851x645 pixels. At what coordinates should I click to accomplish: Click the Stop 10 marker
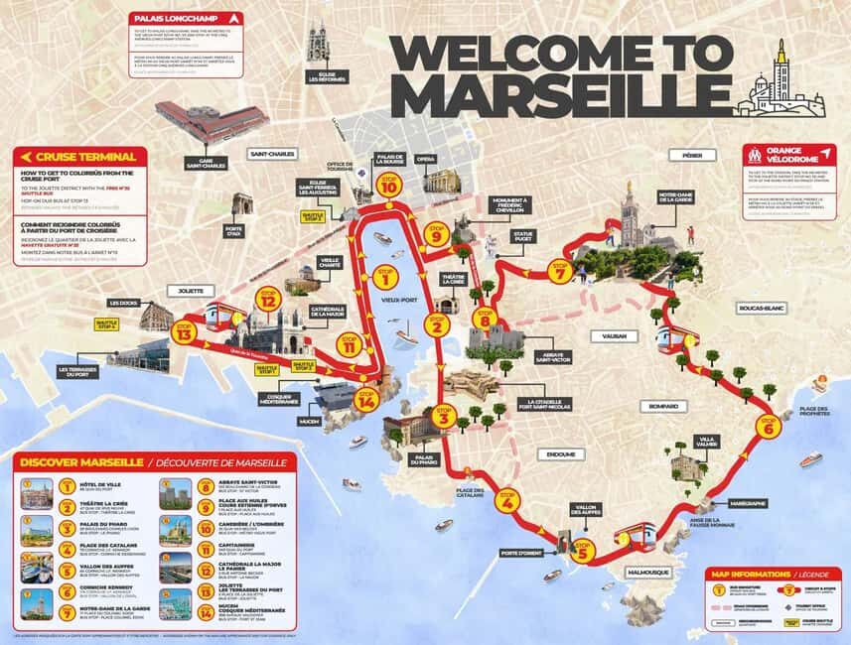point(388,186)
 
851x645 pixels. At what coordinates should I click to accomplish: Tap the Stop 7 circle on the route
point(561,270)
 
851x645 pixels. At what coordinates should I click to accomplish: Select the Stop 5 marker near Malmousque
point(582,551)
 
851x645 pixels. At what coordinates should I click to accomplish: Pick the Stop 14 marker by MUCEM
point(367,400)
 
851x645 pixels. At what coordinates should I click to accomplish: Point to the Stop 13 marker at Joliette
point(182,333)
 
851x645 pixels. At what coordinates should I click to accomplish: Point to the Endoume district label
point(561,454)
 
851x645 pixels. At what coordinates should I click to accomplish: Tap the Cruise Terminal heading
point(75,157)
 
